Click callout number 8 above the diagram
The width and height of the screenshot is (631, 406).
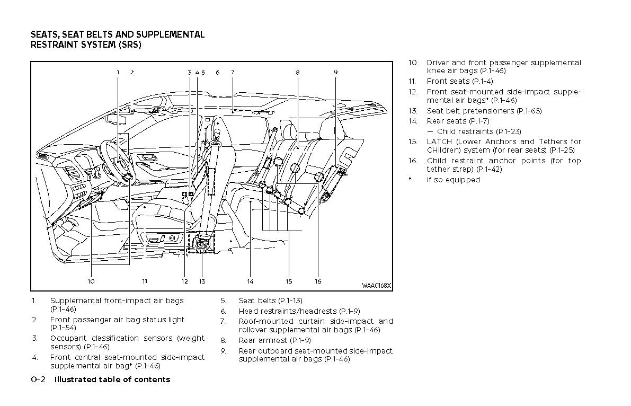(x=298, y=72)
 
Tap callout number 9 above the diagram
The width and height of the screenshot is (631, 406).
(x=335, y=72)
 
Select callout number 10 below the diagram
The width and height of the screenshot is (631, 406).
(x=91, y=281)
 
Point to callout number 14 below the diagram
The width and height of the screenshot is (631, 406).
(x=250, y=281)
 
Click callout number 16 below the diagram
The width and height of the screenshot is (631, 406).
(x=318, y=281)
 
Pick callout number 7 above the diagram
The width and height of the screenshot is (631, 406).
(x=232, y=72)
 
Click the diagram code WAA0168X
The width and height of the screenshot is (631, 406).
(x=376, y=286)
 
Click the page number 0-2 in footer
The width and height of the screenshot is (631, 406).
(x=39, y=379)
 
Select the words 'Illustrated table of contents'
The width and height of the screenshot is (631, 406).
(x=112, y=379)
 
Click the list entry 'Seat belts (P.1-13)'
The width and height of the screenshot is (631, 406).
(x=270, y=301)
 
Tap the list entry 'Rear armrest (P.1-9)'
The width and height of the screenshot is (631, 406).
(x=274, y=340)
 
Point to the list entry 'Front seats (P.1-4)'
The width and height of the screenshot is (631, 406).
(x=459, y=81)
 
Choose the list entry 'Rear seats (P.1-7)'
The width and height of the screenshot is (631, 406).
(x=458, y=121)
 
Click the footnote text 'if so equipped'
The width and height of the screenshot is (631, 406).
(x=453, y=180)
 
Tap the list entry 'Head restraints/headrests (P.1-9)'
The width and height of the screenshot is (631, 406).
(x=299, y=311)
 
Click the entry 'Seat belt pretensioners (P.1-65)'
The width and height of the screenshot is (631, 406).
(x=484, y=111)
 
